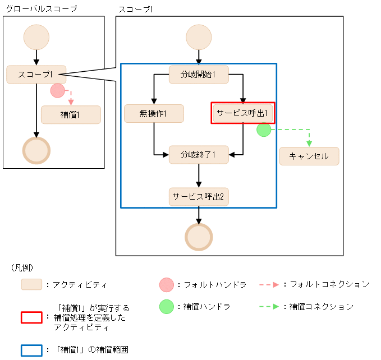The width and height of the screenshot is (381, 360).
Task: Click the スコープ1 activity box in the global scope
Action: pyautogui.click(x=36, y=75)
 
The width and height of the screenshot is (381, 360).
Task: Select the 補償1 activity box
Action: pyautogui.click(x=71, y=115)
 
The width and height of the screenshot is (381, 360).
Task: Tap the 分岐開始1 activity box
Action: pyautogui.click(x=199, y=75)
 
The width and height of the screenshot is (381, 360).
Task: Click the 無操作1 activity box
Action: pyautogui.click(x=154, y=114)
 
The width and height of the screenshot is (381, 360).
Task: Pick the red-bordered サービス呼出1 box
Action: pyautogui.click(x=243, y=113)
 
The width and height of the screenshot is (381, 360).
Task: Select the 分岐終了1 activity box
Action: pyautogui.click(x=199, y=154)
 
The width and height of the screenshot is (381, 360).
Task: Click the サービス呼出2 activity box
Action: pyautogui.click(x=199, y=197)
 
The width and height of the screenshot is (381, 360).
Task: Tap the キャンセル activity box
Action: pyautogui.click(x=309, y=156)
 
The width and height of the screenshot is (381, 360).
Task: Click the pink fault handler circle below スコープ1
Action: pyautogui.click(x=57, y=90)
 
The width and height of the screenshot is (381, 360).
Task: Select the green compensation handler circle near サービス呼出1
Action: pyautogui.click(x=264, y=130)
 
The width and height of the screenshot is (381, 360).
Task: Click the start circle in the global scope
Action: pyautogui.click(x=36, y=37)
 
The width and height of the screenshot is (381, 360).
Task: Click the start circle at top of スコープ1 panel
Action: pyautogui.click(x=199, y=37)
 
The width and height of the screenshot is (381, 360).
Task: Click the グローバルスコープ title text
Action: pyautogui.click(x=41, y=8)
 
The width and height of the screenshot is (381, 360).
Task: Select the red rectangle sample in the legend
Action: pyautogui.click(x=31, y=317)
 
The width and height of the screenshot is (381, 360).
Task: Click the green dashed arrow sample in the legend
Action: pyautogui.click(x=269, y=307)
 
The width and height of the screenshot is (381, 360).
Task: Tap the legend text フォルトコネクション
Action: pyautogui.click(x=329, y=284)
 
